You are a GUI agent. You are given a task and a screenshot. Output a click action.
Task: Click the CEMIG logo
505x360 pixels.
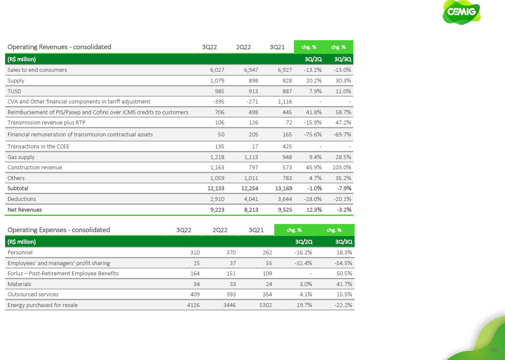(461, 12)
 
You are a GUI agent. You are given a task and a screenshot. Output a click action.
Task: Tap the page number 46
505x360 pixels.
(494, 350)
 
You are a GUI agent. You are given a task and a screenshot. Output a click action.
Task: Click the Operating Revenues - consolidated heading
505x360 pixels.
(59, 47)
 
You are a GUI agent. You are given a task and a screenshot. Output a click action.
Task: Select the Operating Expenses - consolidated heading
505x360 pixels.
(59, 230)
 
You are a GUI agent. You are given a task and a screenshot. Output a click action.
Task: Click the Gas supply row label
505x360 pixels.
(21, 157)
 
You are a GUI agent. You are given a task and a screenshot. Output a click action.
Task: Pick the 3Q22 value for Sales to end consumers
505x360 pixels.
(216, 70)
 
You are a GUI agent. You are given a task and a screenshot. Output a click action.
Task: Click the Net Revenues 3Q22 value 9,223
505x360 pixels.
(216, 210)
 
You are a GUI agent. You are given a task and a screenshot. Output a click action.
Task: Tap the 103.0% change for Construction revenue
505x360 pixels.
(342, 168)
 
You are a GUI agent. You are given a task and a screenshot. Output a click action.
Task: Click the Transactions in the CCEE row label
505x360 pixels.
(38, 147)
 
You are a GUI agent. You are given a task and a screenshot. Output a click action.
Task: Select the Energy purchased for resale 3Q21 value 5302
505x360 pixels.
(265, 305)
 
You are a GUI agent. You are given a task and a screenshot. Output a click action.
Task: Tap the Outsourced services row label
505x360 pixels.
(33, 295)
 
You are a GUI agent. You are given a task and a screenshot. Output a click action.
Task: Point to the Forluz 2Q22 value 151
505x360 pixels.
(231, 274)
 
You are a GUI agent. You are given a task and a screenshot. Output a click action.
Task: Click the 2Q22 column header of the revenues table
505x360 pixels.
(243, 47)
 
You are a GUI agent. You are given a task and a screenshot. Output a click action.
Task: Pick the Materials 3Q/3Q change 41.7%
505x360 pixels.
(344, 284)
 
